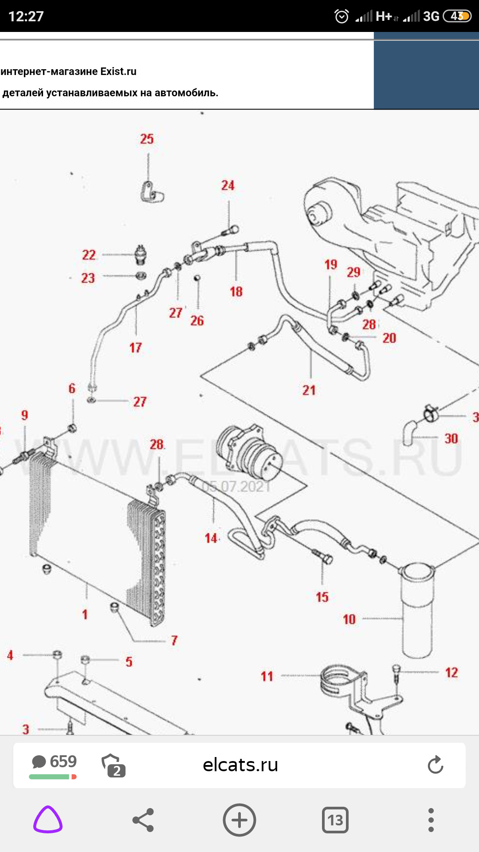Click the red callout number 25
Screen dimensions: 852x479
pyautogui.click(x=147, y=139)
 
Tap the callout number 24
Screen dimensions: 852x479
pyautogui.click(x=228, y=185)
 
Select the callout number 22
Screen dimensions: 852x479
pyautogui.click(x=89, y=255)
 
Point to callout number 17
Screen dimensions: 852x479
pyautogui.click(x=135, y=347)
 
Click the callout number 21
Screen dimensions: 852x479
pyautogui.click(x=309, y=390)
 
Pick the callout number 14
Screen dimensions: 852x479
pyautogui.click(x=211, y=538)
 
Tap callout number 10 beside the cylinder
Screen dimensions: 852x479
pyautogui.click(x=349, y=619)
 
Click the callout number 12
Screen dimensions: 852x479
pyautogui.click(x=452, y=672)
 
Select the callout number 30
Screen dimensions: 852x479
pyautogui.click(x=451, y=438)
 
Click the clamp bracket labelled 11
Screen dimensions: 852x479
pyautogui.click(x=339, y=683)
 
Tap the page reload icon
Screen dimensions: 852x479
pyautogui.click(x=435, y=765)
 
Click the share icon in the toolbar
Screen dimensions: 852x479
pyautogui.click(x=143, y=820)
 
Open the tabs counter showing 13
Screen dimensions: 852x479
pyautogui.click(x=335, y=820)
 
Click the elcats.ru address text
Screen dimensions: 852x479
pyautogui.click(x=240, y=765)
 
